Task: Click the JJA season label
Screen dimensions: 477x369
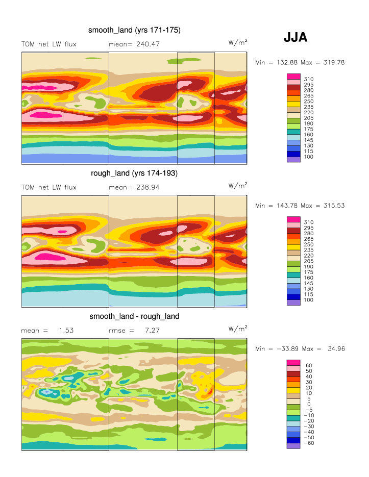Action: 295,38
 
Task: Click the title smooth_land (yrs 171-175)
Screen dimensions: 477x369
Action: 134,31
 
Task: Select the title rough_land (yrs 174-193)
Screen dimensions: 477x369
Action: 134,173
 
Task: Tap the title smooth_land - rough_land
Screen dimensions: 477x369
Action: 134,316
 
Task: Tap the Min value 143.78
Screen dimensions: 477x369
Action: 285,206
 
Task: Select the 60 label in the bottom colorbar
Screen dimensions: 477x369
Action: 308,365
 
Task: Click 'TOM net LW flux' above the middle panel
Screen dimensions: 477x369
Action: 49,187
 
